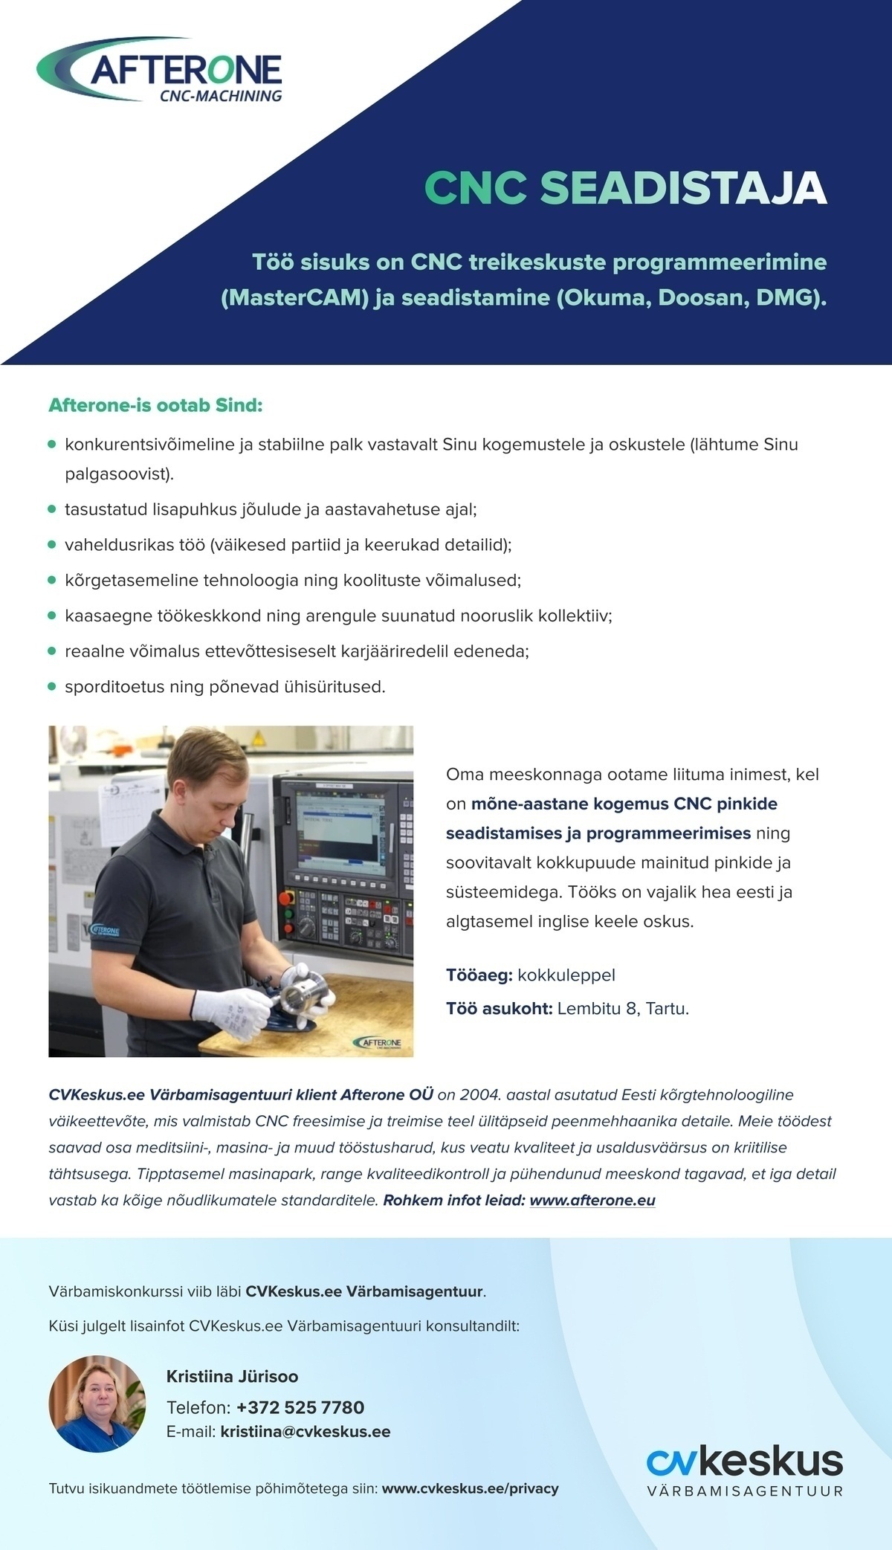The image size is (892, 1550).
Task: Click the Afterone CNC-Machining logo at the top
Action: pos(160,72)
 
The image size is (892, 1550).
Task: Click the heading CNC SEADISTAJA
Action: pos(625,188)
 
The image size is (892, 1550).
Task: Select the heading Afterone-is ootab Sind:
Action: pos(155,406)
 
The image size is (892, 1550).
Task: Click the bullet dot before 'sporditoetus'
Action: pos(52,687)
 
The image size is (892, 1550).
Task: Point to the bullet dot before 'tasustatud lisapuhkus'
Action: pos(52,510)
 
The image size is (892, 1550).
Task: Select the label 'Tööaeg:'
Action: pos(479,975)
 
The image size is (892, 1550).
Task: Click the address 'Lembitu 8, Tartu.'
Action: pos(623,1010)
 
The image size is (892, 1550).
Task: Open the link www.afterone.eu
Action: pos(592,1201)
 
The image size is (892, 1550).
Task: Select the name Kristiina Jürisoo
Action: pos(232,1377)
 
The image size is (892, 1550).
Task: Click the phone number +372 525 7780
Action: pos(300,1408)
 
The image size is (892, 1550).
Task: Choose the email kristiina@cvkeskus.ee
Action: pos(306,1432)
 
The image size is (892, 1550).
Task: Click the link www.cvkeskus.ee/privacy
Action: pos(470,1489)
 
